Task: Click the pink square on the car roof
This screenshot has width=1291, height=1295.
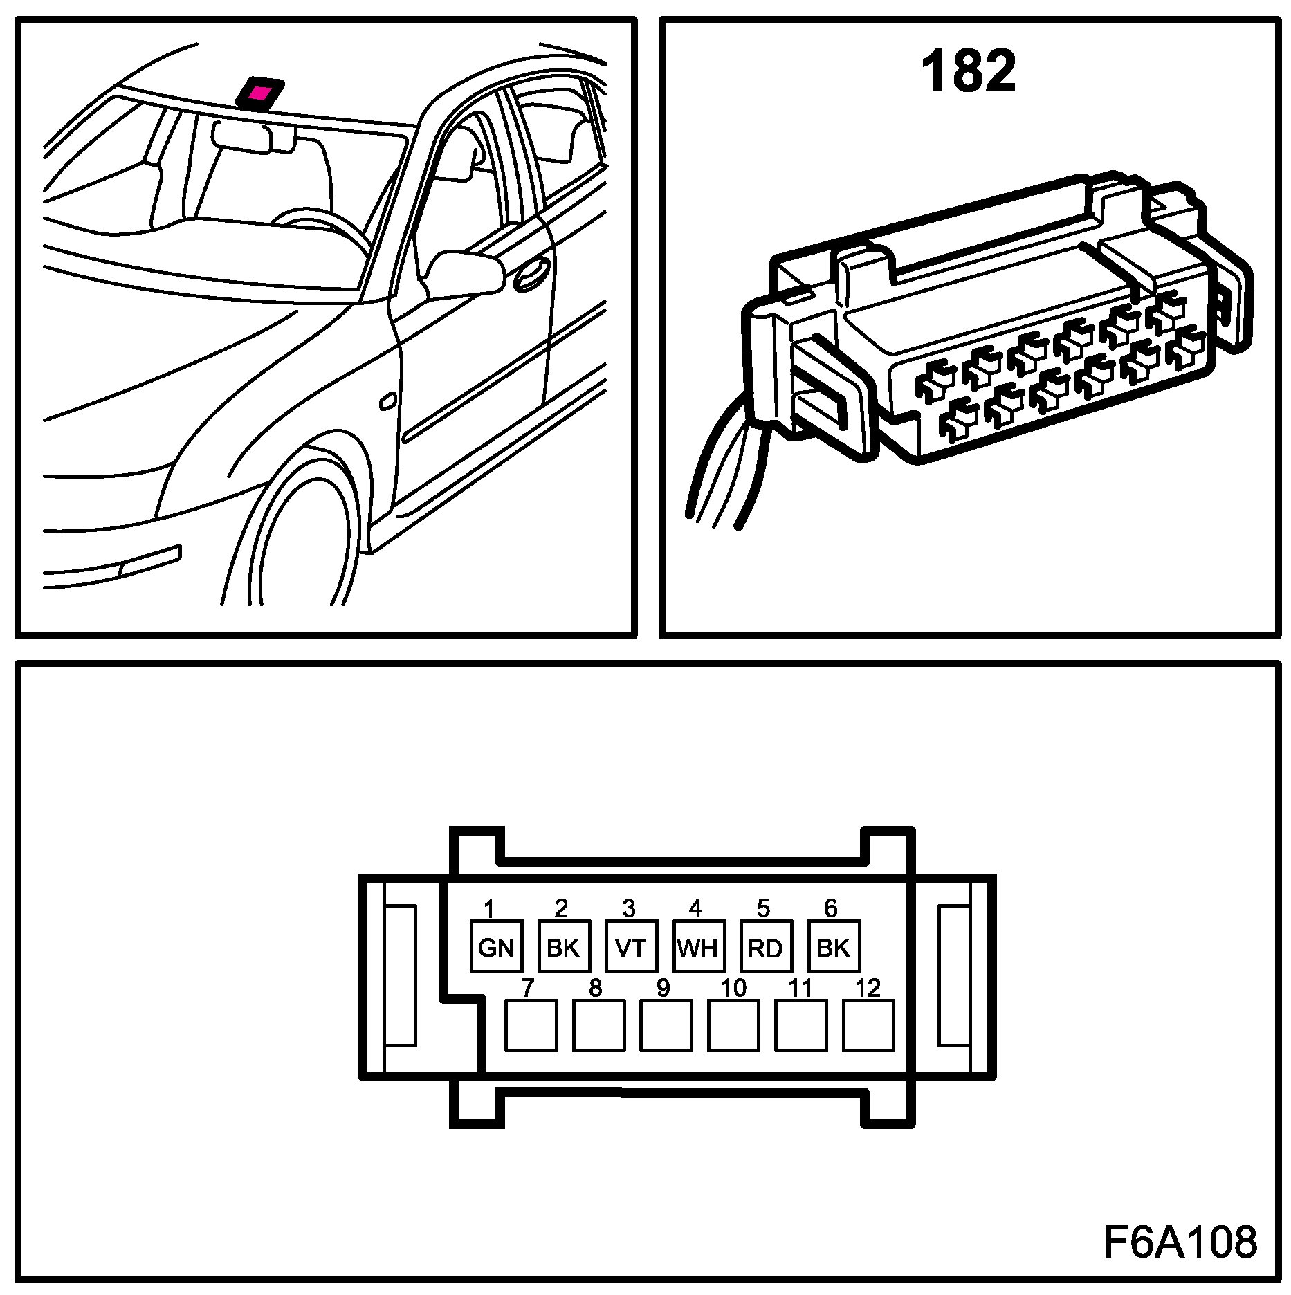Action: click(260, 93)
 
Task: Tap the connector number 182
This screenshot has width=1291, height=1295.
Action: click(968, 71)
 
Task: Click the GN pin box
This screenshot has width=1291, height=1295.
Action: click(496, 946)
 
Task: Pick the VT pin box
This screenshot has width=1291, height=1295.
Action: click(631, 946)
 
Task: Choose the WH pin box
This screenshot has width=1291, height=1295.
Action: click(699, 946)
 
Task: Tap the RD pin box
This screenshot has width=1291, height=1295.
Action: click(766, 946)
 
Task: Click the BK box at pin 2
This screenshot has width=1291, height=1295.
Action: click(564, 946)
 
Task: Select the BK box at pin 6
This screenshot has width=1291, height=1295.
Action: click(834, 946)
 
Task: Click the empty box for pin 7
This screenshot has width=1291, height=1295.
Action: click(531, 1025)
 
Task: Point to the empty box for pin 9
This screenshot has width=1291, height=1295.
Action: click(666, 1025)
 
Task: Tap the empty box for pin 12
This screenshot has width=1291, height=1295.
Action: click(868, 1025)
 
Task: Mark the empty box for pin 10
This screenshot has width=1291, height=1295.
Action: click(733, 1025)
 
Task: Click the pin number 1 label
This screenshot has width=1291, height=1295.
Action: click(488, 908)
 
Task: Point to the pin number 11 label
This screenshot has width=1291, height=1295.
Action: click(800, 988)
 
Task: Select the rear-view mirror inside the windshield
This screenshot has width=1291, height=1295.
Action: click(242, 136)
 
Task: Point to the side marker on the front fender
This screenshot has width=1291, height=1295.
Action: click(388, 401)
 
